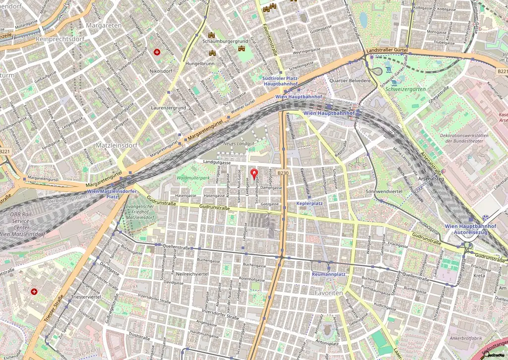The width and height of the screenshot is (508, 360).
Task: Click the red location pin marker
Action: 255,174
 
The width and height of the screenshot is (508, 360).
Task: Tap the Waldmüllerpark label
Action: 193,178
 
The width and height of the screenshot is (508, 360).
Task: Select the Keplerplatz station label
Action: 310,203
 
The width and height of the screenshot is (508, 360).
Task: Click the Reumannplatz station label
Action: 328,274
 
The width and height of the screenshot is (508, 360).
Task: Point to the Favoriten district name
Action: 329,294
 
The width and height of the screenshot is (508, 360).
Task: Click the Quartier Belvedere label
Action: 350,80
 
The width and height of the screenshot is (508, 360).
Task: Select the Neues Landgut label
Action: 239,143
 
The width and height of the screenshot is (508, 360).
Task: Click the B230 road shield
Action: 283,173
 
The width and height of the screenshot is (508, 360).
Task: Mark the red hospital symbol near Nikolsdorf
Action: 157,52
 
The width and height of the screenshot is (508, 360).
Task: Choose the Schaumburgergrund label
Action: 225,41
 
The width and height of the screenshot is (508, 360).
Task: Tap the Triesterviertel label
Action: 86,296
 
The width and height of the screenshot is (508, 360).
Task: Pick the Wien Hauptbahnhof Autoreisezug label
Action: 470,229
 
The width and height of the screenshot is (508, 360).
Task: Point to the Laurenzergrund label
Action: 168,108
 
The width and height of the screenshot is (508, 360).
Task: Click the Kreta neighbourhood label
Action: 479,275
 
